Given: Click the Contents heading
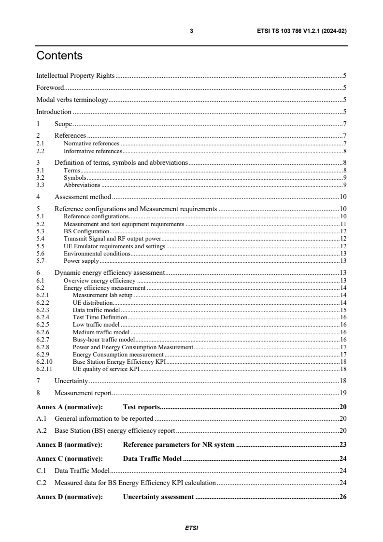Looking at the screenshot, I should (59, 56).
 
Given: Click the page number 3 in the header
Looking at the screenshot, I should (191, 31).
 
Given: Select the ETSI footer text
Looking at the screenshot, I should (191, 528).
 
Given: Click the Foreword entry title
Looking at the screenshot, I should (50, 88).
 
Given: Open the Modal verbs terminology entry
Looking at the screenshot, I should (72, 100).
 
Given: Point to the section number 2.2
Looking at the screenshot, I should (41, 151).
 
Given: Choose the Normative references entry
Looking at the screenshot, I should (91, 143).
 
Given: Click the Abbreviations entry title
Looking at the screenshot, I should (82, 185).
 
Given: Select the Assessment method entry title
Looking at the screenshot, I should (83, 197).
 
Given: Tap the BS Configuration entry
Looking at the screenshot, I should (86, 231).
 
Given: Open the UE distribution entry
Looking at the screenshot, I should (93, 302).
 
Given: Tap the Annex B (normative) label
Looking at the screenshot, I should (70, 444).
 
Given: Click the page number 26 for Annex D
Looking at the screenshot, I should (343, 497).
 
